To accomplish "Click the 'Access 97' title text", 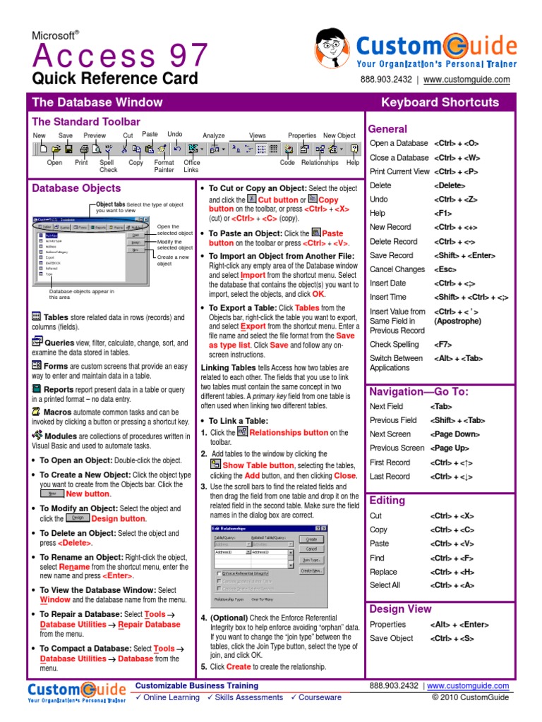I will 120,56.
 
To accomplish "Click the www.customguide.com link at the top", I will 466,80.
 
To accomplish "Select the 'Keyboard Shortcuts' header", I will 440,102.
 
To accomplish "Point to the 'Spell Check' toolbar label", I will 108,166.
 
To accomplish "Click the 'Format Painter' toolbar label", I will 164,166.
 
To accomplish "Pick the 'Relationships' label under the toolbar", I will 320,163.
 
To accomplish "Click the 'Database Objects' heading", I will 76,188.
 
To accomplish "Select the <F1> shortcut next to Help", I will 442,213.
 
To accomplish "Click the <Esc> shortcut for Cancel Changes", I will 446,269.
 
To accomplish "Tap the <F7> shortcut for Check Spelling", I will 442,344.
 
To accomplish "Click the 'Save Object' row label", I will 392,638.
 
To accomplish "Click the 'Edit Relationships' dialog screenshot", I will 269,567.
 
